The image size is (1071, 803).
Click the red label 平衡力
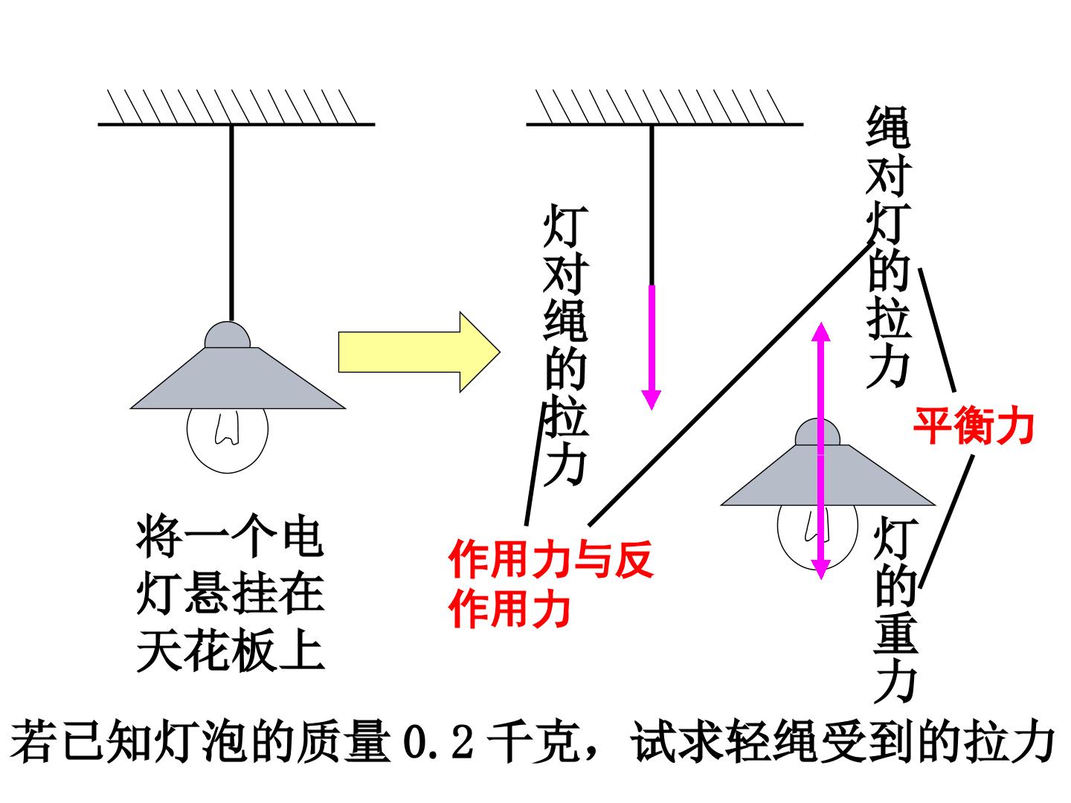coord(974,425)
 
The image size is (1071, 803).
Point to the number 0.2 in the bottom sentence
coord(439,741)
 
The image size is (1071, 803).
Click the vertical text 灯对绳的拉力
coord(566,344)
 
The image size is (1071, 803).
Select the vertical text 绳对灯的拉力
coord(888,247)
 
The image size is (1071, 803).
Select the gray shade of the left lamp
coord(238,378)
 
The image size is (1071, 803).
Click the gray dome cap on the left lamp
coord(228,335)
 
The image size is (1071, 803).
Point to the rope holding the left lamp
coord(232,223)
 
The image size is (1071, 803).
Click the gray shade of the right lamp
coord(828,475)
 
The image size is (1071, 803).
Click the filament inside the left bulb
coord(228,428)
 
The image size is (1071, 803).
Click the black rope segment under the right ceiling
coord(652,205)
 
